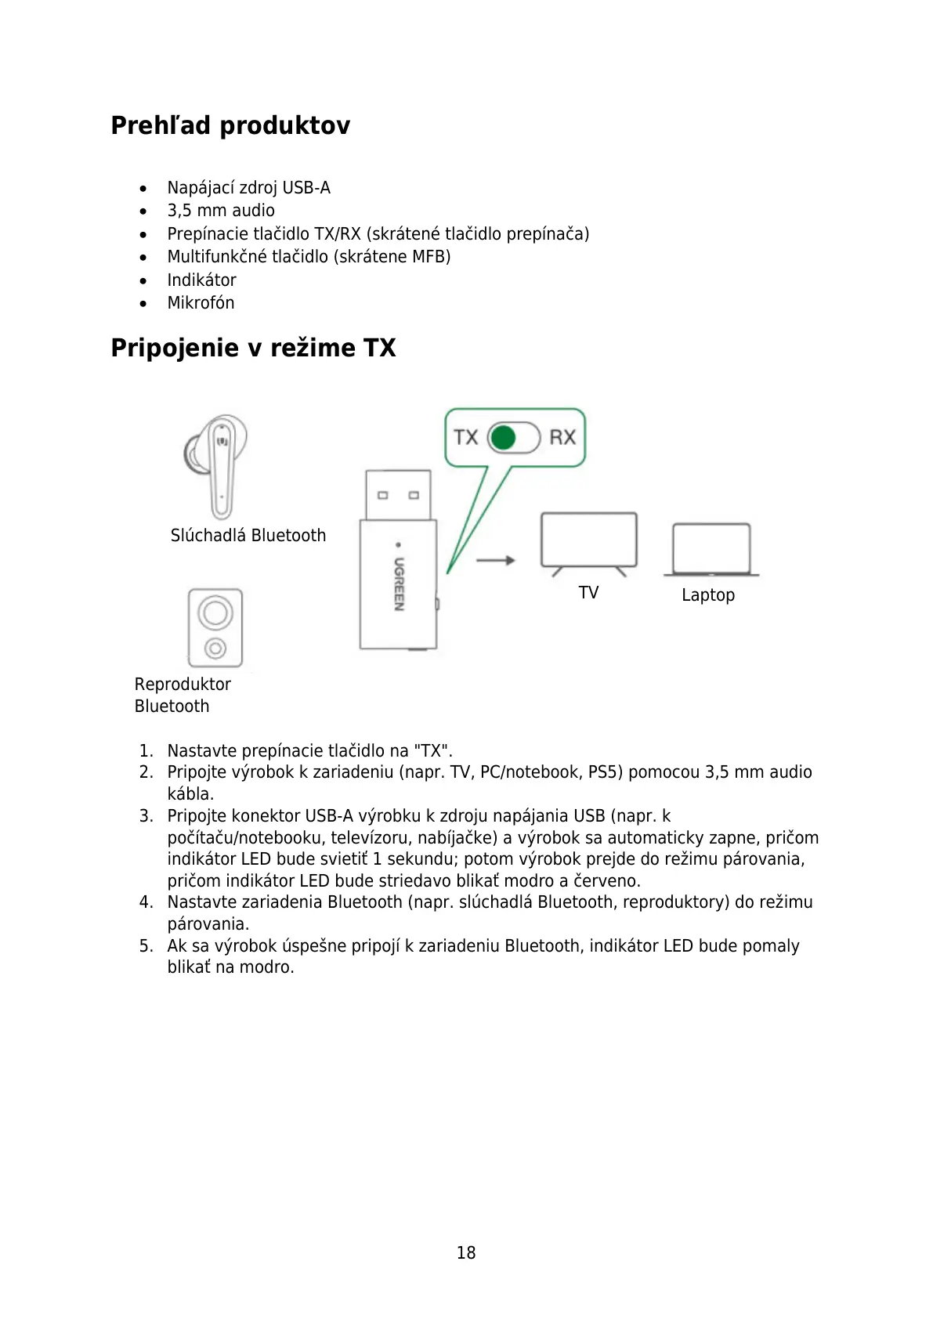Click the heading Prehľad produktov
tap(230, 125)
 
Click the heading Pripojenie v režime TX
tap(253, 348)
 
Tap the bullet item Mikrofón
tap(201, 303)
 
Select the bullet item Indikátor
tap(201, 280)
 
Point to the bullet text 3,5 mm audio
tap(221, 211)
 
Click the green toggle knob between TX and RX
tap(504, 437)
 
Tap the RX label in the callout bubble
tap(562, 437)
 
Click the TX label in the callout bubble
tap(466, 437)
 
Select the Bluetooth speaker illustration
tap(215, 628)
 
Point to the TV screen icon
tap(589, 540)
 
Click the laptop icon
tap(711, 550)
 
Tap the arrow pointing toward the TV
tap(495, 560)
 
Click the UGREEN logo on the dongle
tap(399, 584)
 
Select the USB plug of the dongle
tap(398, 494)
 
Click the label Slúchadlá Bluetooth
tap(248, 536)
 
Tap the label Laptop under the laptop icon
tap(708, 595)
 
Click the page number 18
tap(466, 1252)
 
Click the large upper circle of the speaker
tap(215, 612)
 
